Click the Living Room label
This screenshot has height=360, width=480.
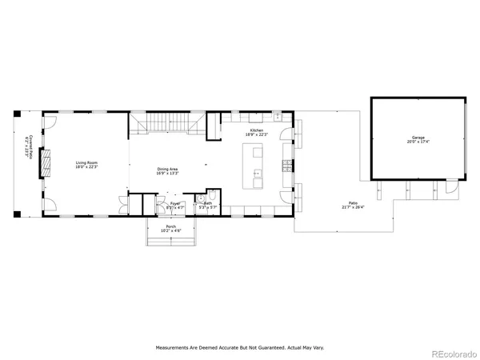pyautogui.click(x=86, y=165)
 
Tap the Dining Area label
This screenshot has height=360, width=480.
pyautogui.click(x=166, y=170)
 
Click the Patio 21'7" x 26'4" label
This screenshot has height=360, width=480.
pyautogui.click(x=352, y=206)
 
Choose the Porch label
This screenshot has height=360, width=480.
pyautogui.click(x=170, y=229)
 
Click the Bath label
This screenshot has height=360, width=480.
pyautogui.click(x=207, y=206)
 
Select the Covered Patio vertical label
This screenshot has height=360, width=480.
pyautogui.click(x=29, y=149)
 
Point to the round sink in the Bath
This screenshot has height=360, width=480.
pyautogui.click(x=199, y=197)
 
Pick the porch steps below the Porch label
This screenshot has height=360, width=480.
pyautogui.click(x=170, y=242)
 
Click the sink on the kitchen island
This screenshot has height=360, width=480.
pyautogui.click(x=257, y=172)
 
